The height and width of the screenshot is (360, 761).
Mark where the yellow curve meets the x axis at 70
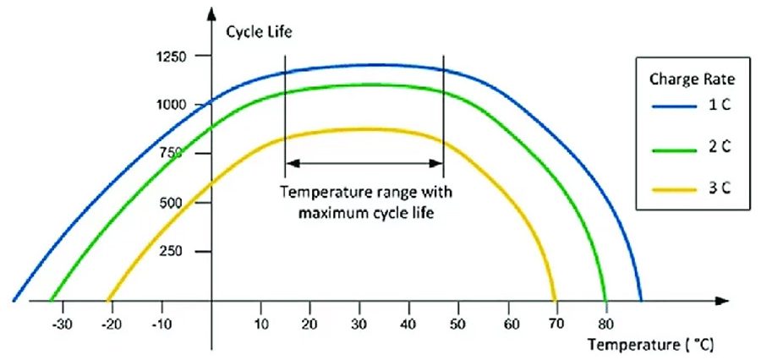click(x=556, y=300)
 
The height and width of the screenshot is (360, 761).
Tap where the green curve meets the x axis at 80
click(x=606, y=300)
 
